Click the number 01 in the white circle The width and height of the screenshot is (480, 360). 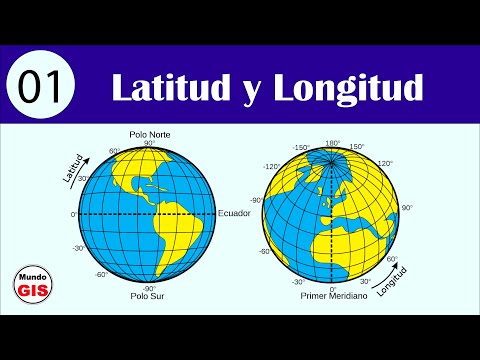(x=40, y=89)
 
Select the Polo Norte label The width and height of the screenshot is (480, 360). (x=149, y=134)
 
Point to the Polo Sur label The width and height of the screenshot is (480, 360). (x=149, y=296)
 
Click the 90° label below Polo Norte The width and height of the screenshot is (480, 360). (x=149, y=144)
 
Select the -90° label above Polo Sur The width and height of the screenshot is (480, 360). (x=149, y=286)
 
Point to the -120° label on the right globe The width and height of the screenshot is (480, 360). (x=270, y=168)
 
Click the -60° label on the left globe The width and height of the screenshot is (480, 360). (x=101, y=274)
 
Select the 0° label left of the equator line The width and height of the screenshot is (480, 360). (x=74, y=214)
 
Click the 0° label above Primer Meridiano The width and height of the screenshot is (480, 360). (x=332, y=287)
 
